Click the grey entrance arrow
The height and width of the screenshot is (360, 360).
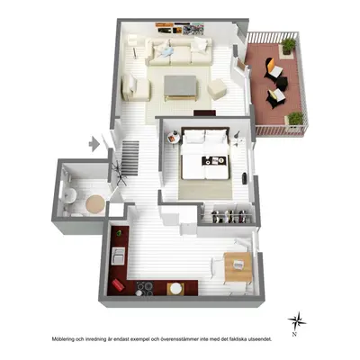pos(94,144)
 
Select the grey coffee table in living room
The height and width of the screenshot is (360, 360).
pos(180,88)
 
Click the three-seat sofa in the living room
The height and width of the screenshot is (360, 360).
pos(179,51)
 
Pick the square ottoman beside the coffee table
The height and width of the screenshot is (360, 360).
pos(217,89)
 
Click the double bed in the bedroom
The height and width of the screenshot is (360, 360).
pos(205,154)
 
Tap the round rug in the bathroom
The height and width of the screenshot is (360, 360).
pos(95,204)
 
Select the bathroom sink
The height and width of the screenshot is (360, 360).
pos(68,195)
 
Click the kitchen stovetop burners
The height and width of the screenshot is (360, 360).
pos(145,288)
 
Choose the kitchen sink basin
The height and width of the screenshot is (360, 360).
pos(118,256)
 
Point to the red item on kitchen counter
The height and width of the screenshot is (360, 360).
pos(118,284)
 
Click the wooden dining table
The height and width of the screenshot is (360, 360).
pos(238,267)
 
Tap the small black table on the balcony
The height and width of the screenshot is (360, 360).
pos(282,82)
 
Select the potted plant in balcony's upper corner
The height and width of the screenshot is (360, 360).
pos(288,46)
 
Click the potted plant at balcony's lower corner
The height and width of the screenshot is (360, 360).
pos(295,119)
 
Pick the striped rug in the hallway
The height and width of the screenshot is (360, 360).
pos(130,158)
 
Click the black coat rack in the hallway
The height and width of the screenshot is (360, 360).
pos(120,174)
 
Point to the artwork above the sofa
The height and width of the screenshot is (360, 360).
pos(180,28)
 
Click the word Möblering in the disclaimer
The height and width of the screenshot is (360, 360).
pos(64,339)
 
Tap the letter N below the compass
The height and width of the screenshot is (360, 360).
pos(294,334)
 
